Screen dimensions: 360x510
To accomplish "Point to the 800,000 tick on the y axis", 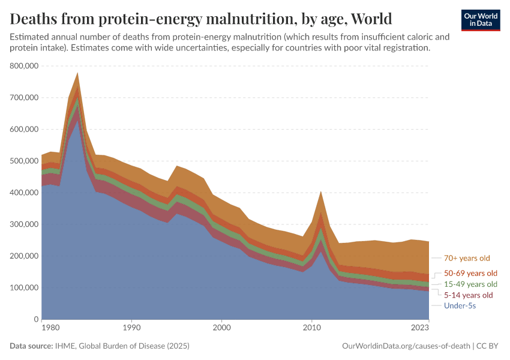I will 25,66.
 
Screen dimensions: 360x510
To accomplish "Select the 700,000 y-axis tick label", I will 25,98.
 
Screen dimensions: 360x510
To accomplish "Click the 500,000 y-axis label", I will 25,161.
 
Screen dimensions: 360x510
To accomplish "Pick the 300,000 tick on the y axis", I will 25,224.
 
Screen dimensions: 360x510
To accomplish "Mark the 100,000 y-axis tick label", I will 25,288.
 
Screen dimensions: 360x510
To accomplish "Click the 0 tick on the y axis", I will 36,319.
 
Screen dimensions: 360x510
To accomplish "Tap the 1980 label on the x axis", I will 50,328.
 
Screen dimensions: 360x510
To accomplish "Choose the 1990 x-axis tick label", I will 132,328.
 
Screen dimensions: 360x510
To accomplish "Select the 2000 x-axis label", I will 221,328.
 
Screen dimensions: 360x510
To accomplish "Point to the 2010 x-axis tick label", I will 311,328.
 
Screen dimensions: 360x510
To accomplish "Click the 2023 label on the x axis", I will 420,328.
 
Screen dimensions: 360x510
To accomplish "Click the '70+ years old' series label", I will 467,259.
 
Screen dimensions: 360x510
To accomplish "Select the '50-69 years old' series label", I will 470,273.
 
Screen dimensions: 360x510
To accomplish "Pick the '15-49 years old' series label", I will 470,284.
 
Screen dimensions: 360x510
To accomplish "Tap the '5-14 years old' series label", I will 468,295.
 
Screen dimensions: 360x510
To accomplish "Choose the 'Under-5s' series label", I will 460,306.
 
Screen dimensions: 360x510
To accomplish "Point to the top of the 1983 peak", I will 77,73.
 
